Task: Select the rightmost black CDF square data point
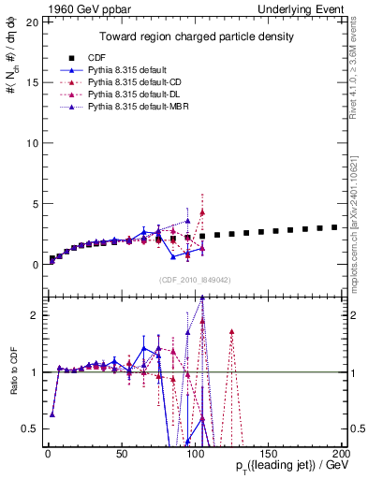[334, 227]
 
